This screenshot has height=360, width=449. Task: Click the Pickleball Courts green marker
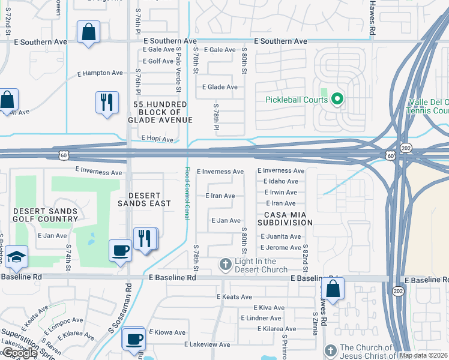(x=337, y=98)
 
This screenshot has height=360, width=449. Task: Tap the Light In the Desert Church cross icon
(x=225, y=265)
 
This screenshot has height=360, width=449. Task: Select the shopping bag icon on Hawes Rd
(x=333, y=289)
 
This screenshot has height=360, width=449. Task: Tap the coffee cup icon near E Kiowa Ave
(x=133, y=338)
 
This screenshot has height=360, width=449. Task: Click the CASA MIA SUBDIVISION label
(x=286, y=218)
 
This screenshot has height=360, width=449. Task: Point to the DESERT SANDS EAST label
(x=143, y=200)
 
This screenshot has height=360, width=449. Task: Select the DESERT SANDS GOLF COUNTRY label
(x=46, y=215)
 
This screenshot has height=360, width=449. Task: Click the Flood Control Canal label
(x=187, y=193)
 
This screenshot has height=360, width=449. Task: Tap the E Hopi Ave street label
(x=157, y=139)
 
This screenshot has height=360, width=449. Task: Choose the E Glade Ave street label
(x=220, y=87)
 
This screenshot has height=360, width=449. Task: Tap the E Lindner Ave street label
(x=261, y=318)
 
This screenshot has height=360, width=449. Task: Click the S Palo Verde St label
(x=178, y=71)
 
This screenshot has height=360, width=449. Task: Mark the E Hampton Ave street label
(x=100, y=73)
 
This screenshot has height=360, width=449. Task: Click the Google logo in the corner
(x=19, y=353)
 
